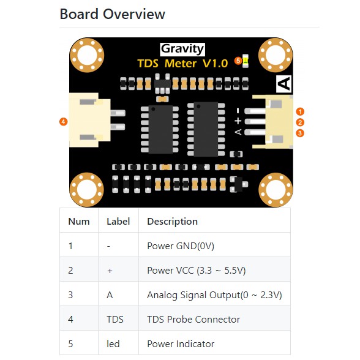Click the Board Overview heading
click(x=112, y=14)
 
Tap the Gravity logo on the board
click(x=182, y=49)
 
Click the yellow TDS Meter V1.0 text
click(x=182, y=64)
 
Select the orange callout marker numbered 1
click(x=300, y=111)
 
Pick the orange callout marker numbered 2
click(x=300, y=122)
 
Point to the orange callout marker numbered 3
click(x=300, y=133)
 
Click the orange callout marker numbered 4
click(x=64, y=121)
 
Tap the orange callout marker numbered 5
click(x=238, y=61)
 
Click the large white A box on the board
click(x=284, y=84)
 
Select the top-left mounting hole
click(x=87, y=55)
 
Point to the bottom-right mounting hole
click(x=276, y=190)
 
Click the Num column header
click(x=79, y=222)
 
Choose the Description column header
click(x=172, y=222)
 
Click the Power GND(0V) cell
click(x=181, y=246)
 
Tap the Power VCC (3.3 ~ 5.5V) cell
click(x=197, y=271)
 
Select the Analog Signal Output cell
click(x=214, y=295)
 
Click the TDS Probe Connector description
click(x=193, y=320)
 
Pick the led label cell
click(x=113, y=344)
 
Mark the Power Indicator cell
click(x=181, y=344)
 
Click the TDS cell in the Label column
click(x=115, y=320)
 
